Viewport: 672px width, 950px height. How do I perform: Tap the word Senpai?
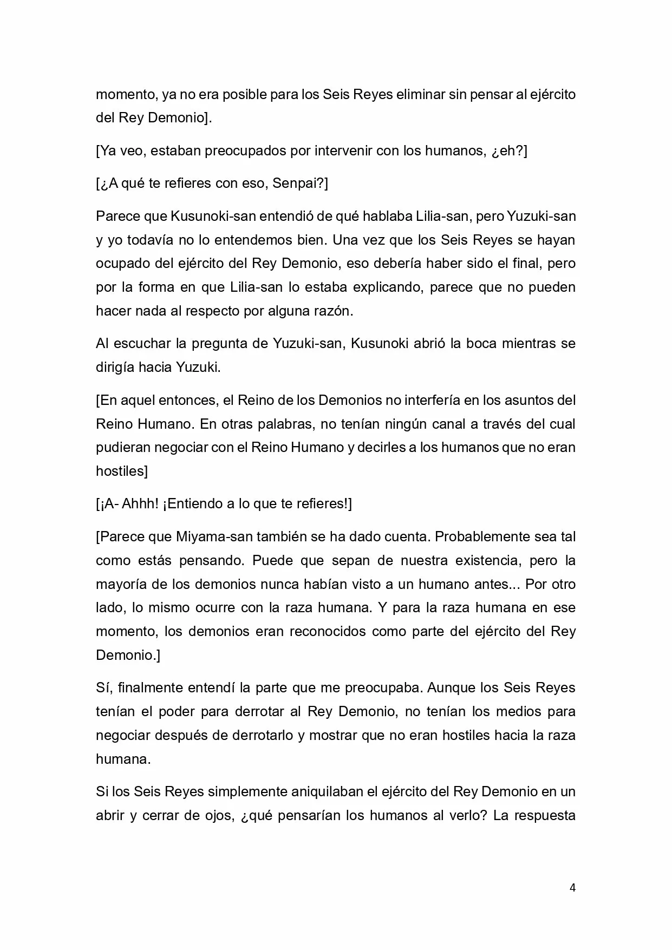299,184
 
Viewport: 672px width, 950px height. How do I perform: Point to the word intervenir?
337,150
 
